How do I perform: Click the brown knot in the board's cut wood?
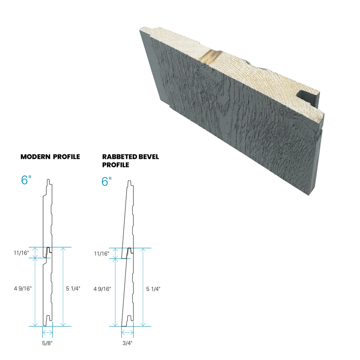[x=210, y=57]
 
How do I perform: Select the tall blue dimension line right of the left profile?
[x=63, y=287]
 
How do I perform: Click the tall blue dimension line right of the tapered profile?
[x=143, y=287]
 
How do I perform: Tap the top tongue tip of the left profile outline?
[x=48, y=180]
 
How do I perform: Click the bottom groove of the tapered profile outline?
[x=130, y=317]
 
